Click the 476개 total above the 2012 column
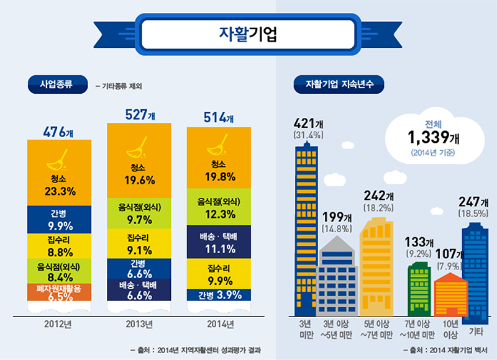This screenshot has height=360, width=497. click(58, 132)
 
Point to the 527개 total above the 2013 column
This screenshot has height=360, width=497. click(140, 115)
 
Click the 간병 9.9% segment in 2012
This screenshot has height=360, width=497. click(60, 220)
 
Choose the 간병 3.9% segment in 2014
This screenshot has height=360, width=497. click(220, 295)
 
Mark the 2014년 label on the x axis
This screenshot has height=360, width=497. click(220, 324)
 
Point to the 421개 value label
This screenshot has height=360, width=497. click(309, 125)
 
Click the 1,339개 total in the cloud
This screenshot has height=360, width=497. click(433, 136)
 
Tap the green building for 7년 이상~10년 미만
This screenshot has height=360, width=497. click(418, 289)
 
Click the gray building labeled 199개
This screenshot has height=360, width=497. click(337, 279)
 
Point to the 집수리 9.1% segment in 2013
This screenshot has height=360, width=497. click(140, 244)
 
